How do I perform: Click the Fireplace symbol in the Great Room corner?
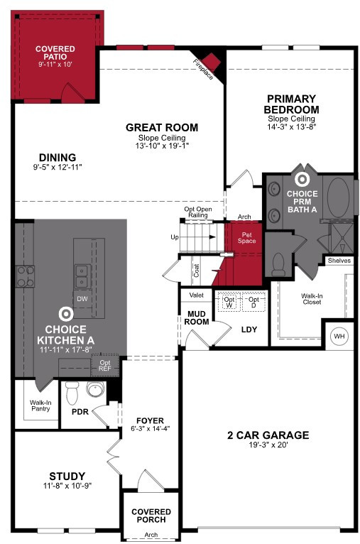tap(211, 62)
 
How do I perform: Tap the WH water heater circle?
tap(339, 336)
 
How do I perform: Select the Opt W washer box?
tap(229, 302)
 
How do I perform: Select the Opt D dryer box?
tap(253, 302)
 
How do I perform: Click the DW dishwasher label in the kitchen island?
tap(82, 298)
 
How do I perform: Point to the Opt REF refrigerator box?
tap(104, 366)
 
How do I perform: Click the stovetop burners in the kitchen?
tap(26, 276)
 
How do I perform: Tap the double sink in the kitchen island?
tap(83, 276)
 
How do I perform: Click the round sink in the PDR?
tap(95, 389)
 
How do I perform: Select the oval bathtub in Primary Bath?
tap(338, 197)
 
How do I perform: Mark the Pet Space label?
tap(246, 238)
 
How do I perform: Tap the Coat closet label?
tap(196, 271)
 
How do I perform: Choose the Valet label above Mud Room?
tap(196, 295)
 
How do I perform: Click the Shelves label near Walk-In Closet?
tap(339, 260)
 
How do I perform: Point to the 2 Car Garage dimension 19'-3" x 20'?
tap(268, 445)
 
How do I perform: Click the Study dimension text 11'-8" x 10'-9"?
tap(67, 486)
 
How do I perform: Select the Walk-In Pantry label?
tap(40, 406)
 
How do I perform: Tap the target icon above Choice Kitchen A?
tap(65, 314)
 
